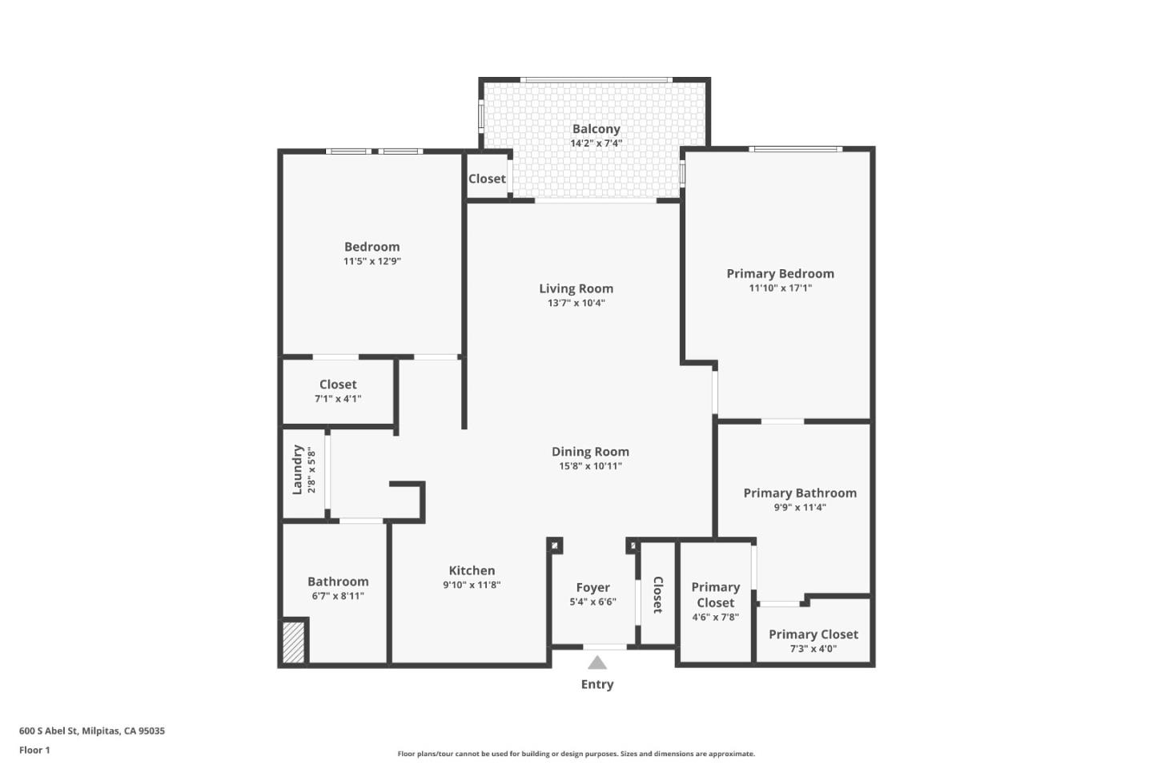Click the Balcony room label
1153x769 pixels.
tap(596, 129)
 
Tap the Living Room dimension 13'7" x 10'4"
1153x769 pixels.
tap(576, 303)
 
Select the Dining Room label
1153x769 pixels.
tap(590, 452)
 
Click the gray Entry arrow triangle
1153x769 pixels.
tap(597, 662)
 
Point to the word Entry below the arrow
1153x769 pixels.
tap(597, 684)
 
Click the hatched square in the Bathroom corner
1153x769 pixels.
tap(294, 642)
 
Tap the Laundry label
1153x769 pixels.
tap(297, 469)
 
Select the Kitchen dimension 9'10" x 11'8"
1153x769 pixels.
tap(472, 585)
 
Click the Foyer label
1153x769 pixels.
tap(593, 588)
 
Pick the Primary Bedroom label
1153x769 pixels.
tap(780, 274)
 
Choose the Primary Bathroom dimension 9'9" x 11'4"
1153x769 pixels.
tap(800, 507)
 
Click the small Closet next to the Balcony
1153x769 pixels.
tap(487, 179)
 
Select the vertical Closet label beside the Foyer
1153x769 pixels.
tap(657, 595)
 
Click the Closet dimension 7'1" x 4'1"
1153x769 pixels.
tap(338, 399)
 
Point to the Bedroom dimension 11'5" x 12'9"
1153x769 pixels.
tap(372, 261)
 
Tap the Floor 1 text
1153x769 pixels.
tap(34, 750)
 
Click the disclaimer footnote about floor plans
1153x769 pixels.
tap(576, 754)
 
